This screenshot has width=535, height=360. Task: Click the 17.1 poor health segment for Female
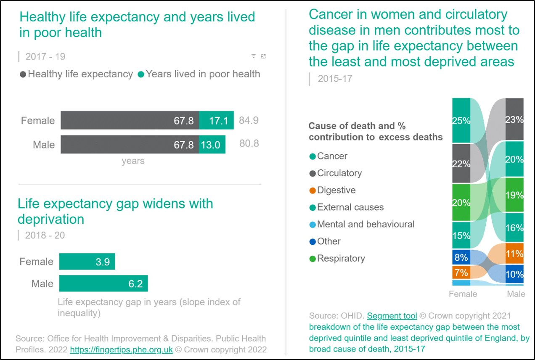[216, 121]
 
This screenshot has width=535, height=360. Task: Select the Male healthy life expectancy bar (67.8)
[130, 145]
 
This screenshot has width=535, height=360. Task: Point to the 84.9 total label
[249, 121]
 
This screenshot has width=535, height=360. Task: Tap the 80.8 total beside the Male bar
[249, 144]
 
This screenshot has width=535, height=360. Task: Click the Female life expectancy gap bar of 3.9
[87, 262]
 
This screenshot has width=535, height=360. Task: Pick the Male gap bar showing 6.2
[103, 284]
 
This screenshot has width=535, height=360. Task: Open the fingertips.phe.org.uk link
[121, 350]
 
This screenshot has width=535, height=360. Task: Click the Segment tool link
[392, 316]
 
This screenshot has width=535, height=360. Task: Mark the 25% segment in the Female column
[461, 121]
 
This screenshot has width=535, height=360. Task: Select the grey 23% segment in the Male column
[514, 119]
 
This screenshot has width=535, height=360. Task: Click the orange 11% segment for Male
[514, 254]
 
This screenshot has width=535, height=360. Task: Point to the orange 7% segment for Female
[461, 273]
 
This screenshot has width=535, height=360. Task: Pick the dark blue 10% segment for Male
[514, 274]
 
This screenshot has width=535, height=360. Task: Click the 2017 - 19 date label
[45, 57]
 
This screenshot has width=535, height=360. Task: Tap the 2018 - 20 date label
[45, 235]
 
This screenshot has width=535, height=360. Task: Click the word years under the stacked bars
[133, 161]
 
